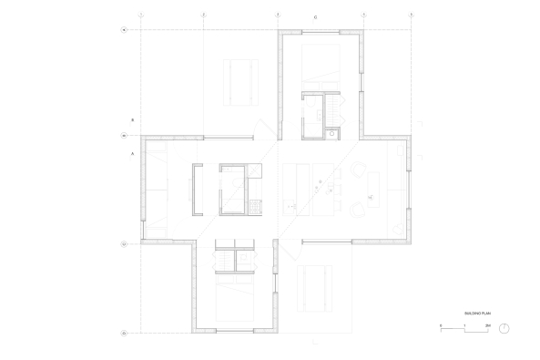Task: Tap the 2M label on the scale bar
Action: [487, 325]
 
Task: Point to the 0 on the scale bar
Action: [441, 325]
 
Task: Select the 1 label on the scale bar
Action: [464, 325]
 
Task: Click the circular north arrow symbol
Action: [504, 328]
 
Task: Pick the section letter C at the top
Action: [316, 18]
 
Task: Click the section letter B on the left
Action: [133, 120]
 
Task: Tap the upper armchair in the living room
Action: [359, 169]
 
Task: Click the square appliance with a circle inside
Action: [333, 133]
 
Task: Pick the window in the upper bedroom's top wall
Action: [321, 35]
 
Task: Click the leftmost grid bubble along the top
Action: [141, 15]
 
